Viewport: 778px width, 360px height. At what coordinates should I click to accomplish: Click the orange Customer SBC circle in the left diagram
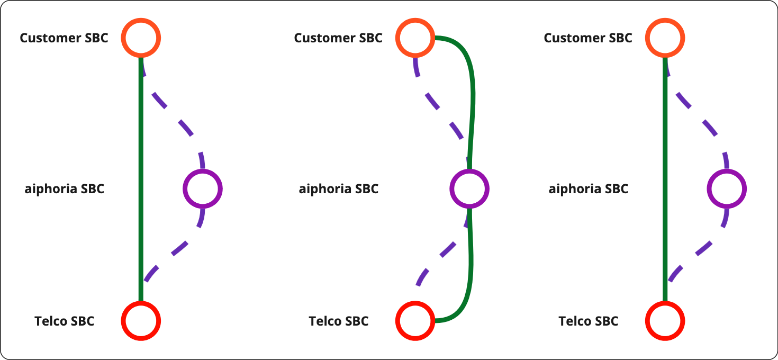[140, 38]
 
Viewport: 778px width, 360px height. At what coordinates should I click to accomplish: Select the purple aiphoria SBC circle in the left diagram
[202, 188]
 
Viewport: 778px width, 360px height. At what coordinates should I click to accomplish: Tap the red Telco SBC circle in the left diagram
[140, 321]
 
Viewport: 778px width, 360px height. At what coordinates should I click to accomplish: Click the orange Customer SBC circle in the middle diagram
[415, 38]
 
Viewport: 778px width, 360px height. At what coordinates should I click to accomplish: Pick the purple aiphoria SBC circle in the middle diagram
[469, 188]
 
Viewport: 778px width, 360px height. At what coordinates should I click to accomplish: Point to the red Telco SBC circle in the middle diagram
[415, 321]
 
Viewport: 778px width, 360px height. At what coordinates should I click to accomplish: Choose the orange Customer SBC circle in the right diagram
[665, 38]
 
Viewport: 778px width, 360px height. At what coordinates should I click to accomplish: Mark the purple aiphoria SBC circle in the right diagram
[727, 188]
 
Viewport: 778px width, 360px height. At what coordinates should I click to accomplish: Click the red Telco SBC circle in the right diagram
[665, 321]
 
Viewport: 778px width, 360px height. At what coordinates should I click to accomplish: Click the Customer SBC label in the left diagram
[64, 38]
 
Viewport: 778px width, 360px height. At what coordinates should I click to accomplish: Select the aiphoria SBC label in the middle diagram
[339, 189]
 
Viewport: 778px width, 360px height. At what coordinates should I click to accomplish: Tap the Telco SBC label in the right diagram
[589, 321]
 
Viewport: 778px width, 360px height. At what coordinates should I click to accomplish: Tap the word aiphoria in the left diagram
[50, 189]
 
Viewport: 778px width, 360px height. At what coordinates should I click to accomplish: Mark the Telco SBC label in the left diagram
[64, 321]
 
